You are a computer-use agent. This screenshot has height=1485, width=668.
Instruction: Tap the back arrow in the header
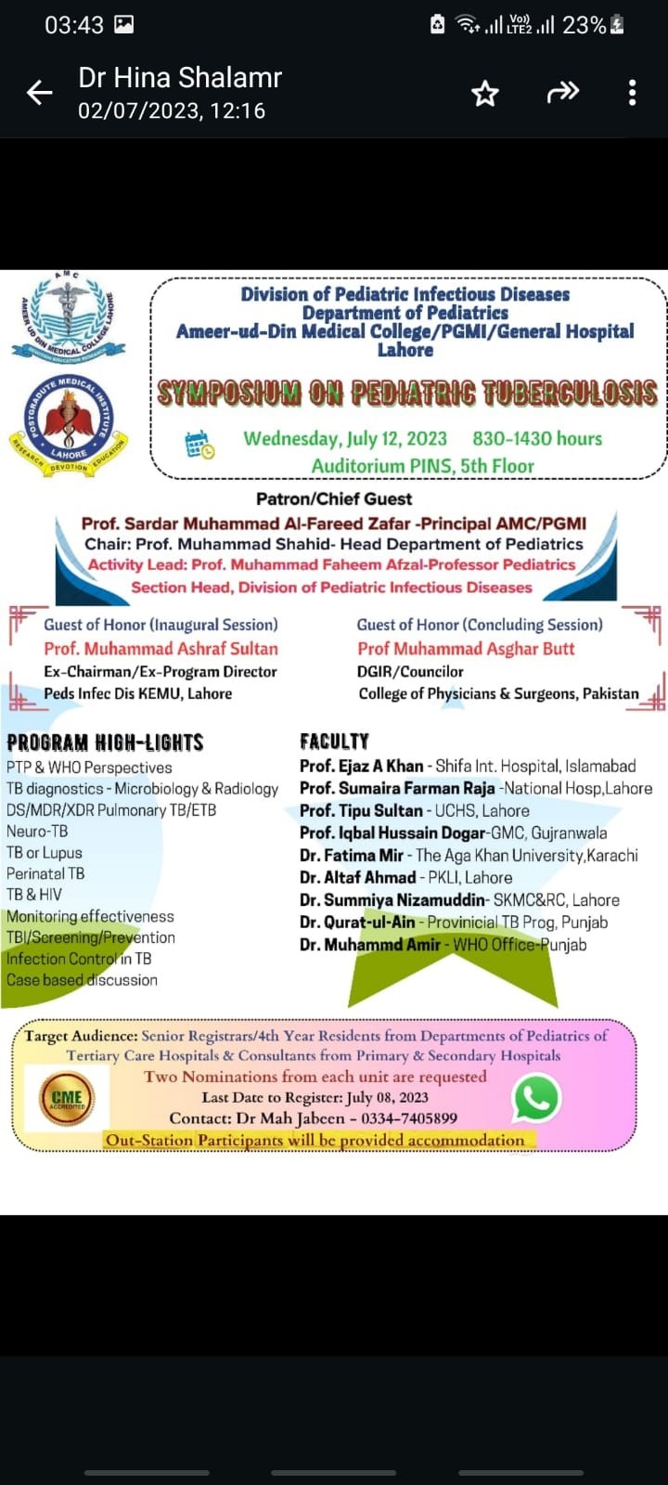coord(40,92)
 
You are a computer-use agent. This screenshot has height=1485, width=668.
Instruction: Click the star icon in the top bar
coord(485,93)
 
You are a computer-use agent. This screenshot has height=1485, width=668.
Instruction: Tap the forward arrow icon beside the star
coord(562,92)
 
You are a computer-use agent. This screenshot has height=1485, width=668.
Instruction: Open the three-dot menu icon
coord(632,92)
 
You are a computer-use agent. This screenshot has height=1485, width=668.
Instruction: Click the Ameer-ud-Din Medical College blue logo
coord(67,316)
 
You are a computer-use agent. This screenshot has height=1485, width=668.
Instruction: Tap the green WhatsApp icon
coord(536,1098)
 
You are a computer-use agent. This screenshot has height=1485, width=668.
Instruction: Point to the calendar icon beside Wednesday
coord(199,445)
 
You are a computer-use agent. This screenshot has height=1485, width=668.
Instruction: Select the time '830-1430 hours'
coord(537,438)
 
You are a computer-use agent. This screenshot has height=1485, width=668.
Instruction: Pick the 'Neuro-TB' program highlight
coord(37,831)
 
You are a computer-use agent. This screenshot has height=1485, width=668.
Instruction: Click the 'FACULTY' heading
coord(334,742)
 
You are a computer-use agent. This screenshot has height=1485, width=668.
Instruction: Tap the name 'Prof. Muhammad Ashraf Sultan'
coord(161,648)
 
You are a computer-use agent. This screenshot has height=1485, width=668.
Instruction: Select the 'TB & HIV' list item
coord(34,894)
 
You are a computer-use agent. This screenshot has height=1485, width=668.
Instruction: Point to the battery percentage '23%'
coord(584,25)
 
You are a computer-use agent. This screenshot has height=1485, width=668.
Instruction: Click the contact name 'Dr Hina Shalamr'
coord(180,78)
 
